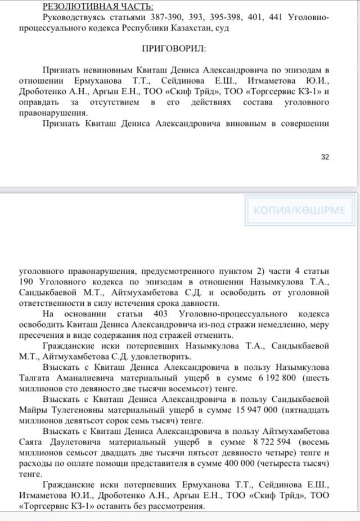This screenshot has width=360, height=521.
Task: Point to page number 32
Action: pyautogui.click(x=325, y=157)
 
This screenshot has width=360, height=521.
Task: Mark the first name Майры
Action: pyautogui.click(x=31, y=411)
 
